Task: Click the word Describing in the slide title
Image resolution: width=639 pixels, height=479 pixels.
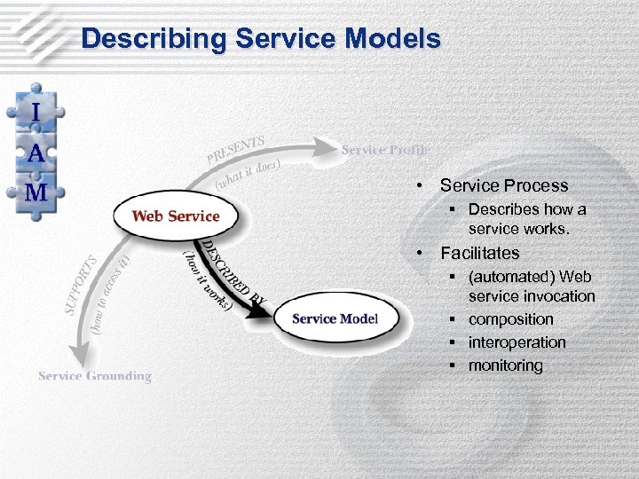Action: tap(150, 39)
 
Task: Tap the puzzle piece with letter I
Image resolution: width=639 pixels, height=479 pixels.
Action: tap(35, 114)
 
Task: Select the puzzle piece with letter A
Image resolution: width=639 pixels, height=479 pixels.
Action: tap(35, 153)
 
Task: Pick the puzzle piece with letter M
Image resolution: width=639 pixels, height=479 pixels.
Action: tap(35, 192)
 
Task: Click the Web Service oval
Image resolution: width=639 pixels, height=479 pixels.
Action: tap(175, 216)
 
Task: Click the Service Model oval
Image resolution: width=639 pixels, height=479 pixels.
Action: tap(335, 318)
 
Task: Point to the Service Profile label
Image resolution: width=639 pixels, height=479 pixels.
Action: tap(385, 150)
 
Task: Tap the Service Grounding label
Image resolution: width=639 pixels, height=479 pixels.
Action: tap(95, 376)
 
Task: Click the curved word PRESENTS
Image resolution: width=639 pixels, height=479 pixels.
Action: tap(235, 150)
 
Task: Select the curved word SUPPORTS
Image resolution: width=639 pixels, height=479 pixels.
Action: tap(79, 287)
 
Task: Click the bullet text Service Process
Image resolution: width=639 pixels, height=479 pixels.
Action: tap(504, 185)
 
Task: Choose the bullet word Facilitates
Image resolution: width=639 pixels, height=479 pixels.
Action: tap(480, 253)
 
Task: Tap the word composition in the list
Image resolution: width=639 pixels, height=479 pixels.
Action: tap(510, 319)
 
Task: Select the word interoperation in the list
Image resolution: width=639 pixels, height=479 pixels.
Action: tap(517, 342)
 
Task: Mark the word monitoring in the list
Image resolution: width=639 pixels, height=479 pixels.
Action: tap(505, 365)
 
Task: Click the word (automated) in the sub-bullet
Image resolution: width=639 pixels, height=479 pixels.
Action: tap(509, 277)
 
